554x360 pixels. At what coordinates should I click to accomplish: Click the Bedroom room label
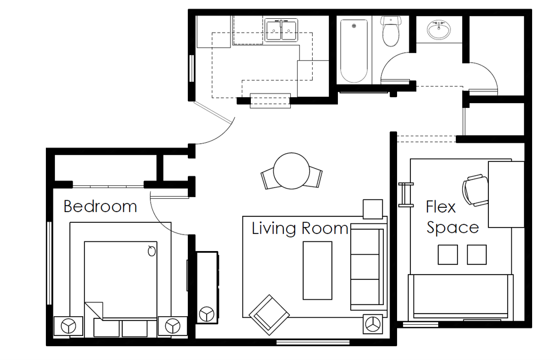point(100,206)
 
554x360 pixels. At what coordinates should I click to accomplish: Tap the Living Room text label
point(300,228)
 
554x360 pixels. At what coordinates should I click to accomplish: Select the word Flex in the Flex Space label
point(441,207)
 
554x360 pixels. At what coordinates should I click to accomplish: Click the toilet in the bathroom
point(390,31)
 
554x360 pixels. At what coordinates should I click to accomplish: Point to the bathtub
point(354,51)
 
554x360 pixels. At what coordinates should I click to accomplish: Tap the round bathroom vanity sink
point(439,29)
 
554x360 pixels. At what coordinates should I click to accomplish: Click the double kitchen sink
point(281,30)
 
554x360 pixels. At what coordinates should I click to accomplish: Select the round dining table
point(291,171)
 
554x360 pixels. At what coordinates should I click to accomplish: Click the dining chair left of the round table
point(268,178)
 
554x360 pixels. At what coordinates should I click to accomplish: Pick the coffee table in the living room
point(317,270)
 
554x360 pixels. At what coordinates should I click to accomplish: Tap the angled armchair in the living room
point(269,315)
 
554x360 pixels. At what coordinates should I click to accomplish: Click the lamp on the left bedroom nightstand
point(68,326)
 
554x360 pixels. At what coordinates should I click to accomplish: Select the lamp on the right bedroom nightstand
point(172,326)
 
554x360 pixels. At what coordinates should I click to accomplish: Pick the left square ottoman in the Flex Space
point(448,255)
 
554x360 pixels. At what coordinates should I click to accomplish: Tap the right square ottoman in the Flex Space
point(477,255)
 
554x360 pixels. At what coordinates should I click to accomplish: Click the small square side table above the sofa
point(373,209)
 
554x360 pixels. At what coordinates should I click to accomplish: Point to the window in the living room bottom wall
point(313,342)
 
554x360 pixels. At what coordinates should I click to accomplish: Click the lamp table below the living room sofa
point(373,324)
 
